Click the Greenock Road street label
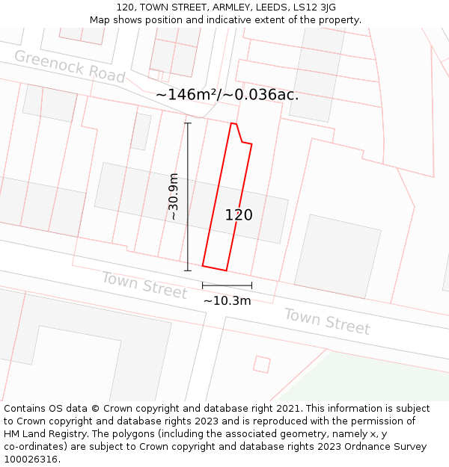tap(70, 67)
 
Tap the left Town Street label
tap(144, 285)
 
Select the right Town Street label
tap(326, 321)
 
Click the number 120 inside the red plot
tap(239, 215)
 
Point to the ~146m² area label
tap(227, 95)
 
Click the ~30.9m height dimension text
tap(174, 197)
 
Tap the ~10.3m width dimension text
tap(227, 300)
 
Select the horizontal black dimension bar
tap(227, 285)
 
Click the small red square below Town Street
tap(261, 364)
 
